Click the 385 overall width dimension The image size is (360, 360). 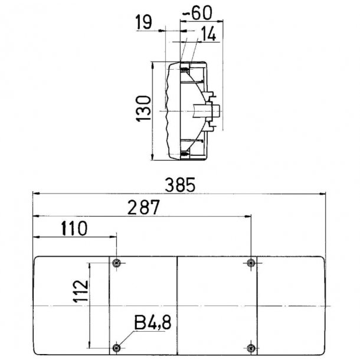click(x=180, y=185)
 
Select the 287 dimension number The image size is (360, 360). click(x=143, y=207)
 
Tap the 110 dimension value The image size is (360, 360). click(x=74, y=228)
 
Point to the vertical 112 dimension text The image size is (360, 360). click(x=81, y=291)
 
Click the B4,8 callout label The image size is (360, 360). click(x=153, y=323)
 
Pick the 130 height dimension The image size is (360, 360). click(x=143, y=109)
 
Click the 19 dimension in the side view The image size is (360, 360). click(x=143, y=22)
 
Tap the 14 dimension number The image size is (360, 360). click(x=208, y=34)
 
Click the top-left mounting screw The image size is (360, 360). click(x=117, y=263)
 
